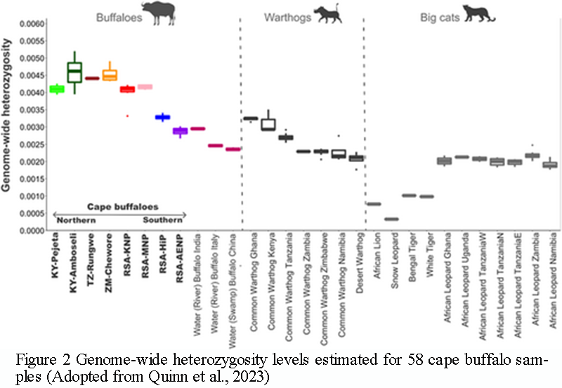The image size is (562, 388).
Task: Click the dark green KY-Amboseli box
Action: (74, 72)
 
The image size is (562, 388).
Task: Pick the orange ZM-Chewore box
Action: (110, 75)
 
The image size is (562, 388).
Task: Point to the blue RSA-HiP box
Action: (162, 117)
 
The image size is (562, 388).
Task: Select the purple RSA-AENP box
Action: (181, 131)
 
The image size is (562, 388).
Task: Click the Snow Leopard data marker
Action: (392, 219)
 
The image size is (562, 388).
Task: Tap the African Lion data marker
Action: (374, 204)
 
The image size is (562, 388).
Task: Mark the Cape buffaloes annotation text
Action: (117, 207)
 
